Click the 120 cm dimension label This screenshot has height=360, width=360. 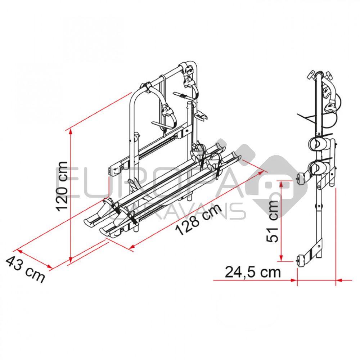62,186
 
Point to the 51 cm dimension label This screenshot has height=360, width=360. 273,221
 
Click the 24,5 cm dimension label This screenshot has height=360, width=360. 253,272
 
